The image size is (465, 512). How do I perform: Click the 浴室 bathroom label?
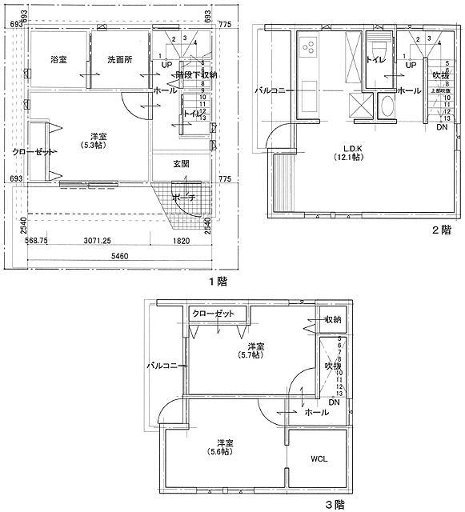[58, 61]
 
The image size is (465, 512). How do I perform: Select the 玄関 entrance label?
[181, 164]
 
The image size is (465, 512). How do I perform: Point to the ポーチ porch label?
[183, 198]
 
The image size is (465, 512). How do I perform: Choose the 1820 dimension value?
[181, 239]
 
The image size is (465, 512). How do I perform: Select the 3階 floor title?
[334, 504]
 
